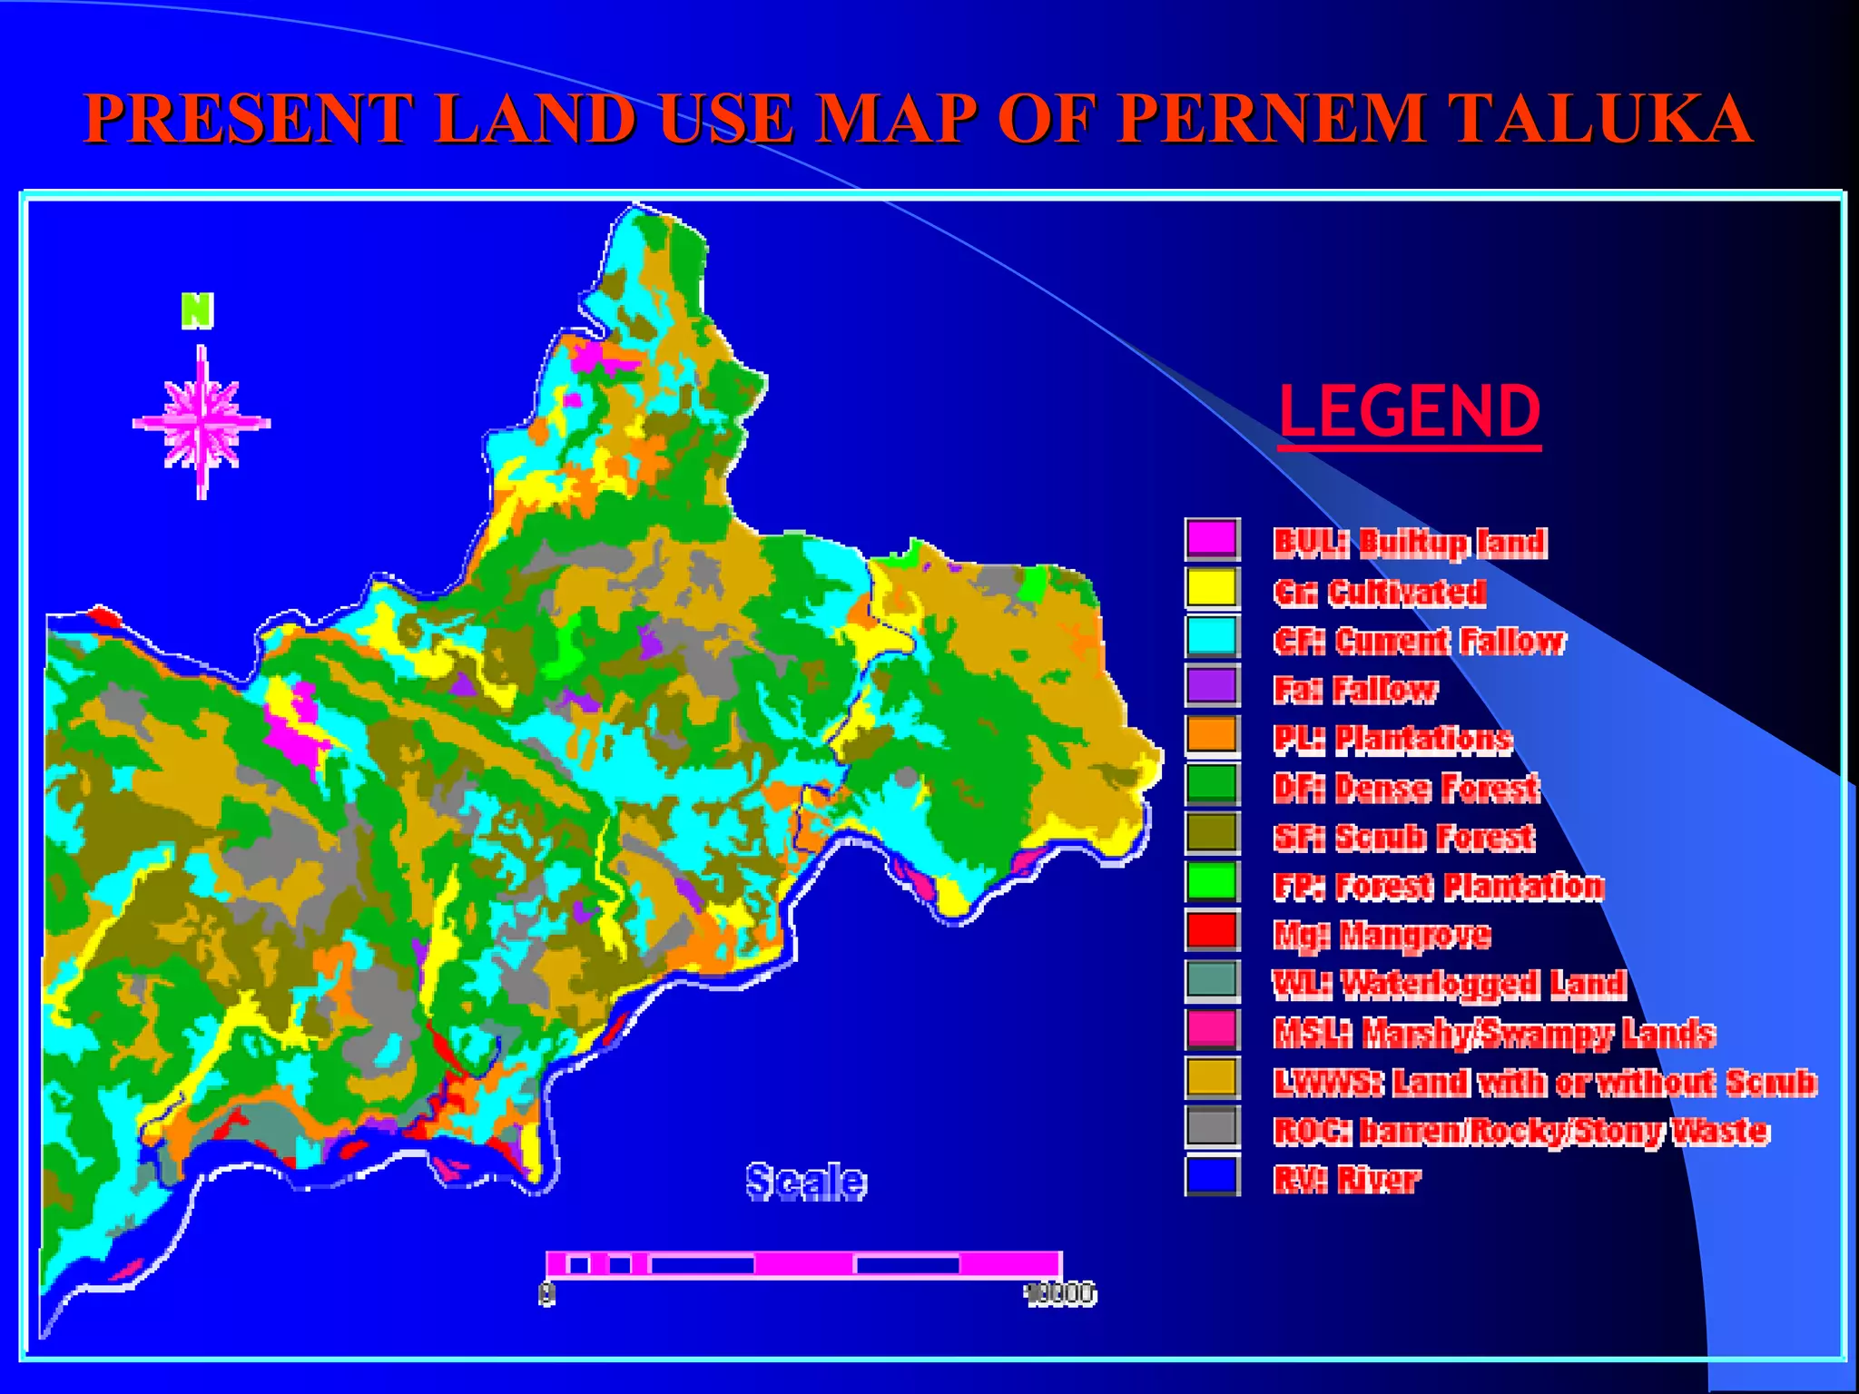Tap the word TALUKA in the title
pos(1598,118)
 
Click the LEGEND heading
pos(1410,411)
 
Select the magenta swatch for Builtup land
pos(1212,539)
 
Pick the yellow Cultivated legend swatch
pos(1212,587)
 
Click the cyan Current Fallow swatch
pos(1212,636)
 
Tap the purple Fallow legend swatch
pos(1212,685)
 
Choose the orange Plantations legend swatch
pos(1212,734)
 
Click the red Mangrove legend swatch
pos(1212,930)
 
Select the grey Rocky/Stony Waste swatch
pos(1212,1126)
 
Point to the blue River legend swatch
pos(1212,1175)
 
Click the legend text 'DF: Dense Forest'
pos(1406,788)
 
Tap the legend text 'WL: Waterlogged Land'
pos(1449,984)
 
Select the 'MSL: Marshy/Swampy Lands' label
pos(1494,1033)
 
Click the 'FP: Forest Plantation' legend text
pos(1439,886)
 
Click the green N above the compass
pos(197,310)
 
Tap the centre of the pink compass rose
pos(202,423)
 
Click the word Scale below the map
pos(806,1182)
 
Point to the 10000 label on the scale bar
pos(1060,1293)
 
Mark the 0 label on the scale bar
pos(546,1293)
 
